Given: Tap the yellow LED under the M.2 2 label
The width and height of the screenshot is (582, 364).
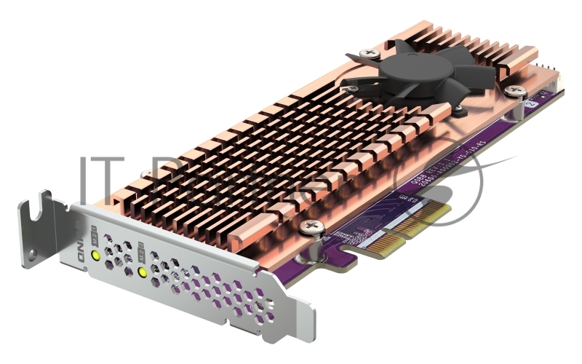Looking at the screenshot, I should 143,273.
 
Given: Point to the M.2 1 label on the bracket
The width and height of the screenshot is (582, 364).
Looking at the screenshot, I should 95,235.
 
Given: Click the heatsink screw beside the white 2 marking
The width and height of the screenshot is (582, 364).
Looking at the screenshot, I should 517,91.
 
